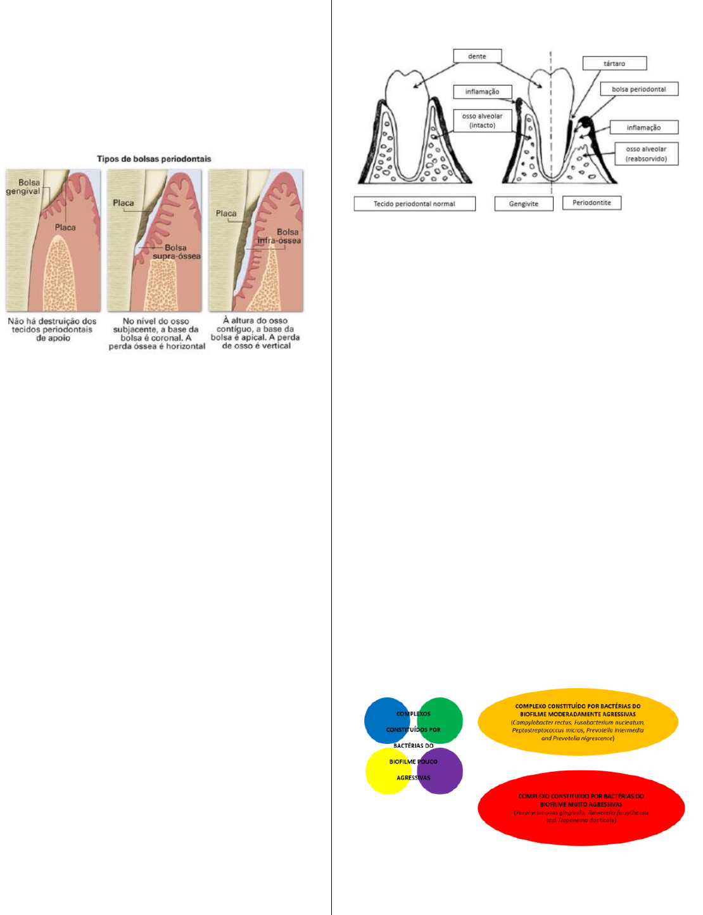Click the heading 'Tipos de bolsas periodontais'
[154, 158]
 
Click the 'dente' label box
[478, 56]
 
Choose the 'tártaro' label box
[614, 63]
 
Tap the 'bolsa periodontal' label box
[638, 89]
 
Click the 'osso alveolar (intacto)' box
[483, 120]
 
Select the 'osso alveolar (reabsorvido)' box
[646, 154]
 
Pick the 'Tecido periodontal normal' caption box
[414, 203]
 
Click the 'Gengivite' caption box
[524, 203]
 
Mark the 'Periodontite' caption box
[592, 203]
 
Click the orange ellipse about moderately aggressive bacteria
[578, 722]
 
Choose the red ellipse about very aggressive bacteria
[581, 808]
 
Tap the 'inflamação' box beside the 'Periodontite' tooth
[643, 127]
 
